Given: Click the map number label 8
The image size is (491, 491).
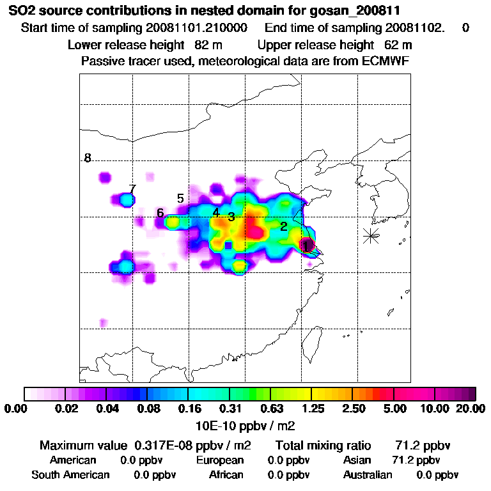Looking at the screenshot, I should pyautogui.click(x=88, y=159).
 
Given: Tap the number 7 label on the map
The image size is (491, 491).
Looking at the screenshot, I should pyautogui.click(x=132, y=189).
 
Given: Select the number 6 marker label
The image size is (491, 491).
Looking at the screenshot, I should pyautogui.click(x=160, y=213).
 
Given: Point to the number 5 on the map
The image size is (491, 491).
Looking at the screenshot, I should pyautogui.click(x=180, y=199).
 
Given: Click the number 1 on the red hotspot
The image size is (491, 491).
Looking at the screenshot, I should pyautogui.click(x=306, y=245).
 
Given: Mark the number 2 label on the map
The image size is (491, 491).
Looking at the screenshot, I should pyautogui.click(x=283, y=226).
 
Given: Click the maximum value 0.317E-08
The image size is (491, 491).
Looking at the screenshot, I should pyautogui.click(x=162, y=445).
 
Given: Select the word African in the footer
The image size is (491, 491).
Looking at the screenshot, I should pyautogui.click(x=226, y=475).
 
